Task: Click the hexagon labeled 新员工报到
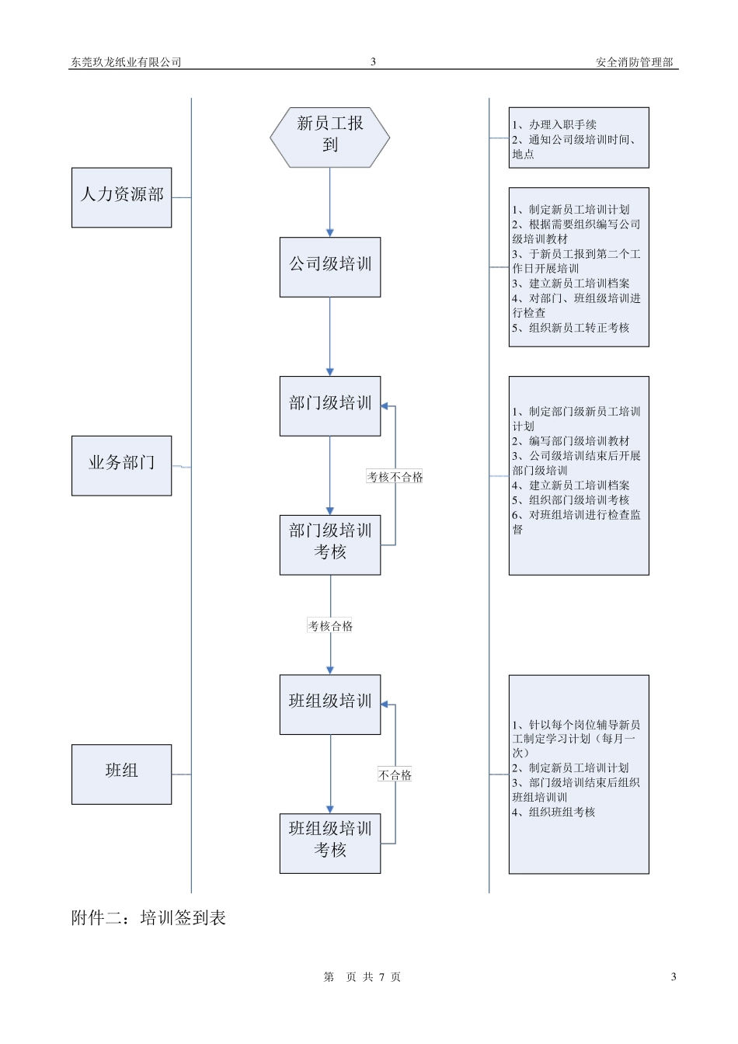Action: [x=329, y=137]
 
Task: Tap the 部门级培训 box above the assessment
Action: [x=329, y=405]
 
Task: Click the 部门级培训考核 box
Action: [x=329, y=544]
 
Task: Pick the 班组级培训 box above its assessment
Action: [x=329, y=704]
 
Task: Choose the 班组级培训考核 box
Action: [x=329, y=842]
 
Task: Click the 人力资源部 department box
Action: [x=121, y=197]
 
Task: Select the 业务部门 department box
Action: [x=121, y=465]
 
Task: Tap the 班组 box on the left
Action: [x=121, y=774]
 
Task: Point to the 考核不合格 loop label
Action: [x=395, y=477]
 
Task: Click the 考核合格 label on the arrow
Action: [x=330, y=626]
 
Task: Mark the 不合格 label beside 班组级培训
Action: [x=395, y=775]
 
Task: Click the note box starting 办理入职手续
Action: [x=578, y=138]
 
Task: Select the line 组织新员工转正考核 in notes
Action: [x=571, y=328]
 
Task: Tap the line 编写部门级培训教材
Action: [x=571, y=441]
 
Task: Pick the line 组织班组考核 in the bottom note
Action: [x=553, y=813]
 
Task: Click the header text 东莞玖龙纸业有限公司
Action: [x=126, y=62]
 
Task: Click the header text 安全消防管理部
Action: [x=634, y=62]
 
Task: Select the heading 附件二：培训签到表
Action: [x=148, y=918]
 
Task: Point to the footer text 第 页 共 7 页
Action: [x=362, y=977]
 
